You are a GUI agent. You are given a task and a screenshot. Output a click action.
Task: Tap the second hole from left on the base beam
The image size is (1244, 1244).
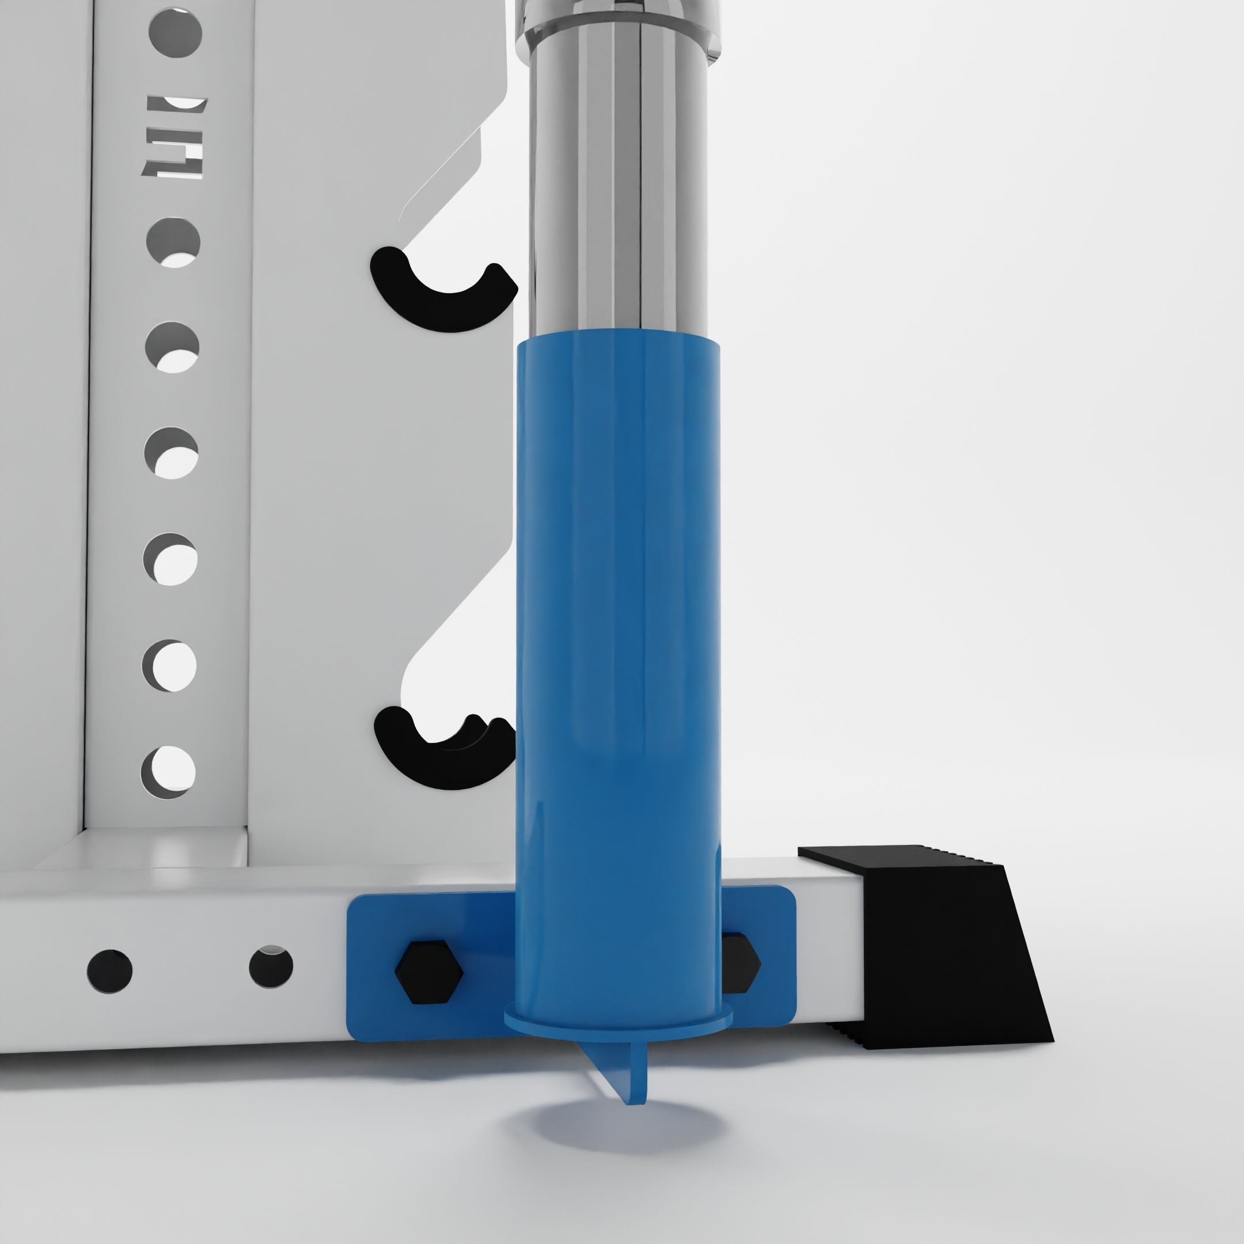[x=271, y=966]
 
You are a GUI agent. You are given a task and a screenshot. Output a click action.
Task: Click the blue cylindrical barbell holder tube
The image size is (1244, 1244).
[x=618, y=644]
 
